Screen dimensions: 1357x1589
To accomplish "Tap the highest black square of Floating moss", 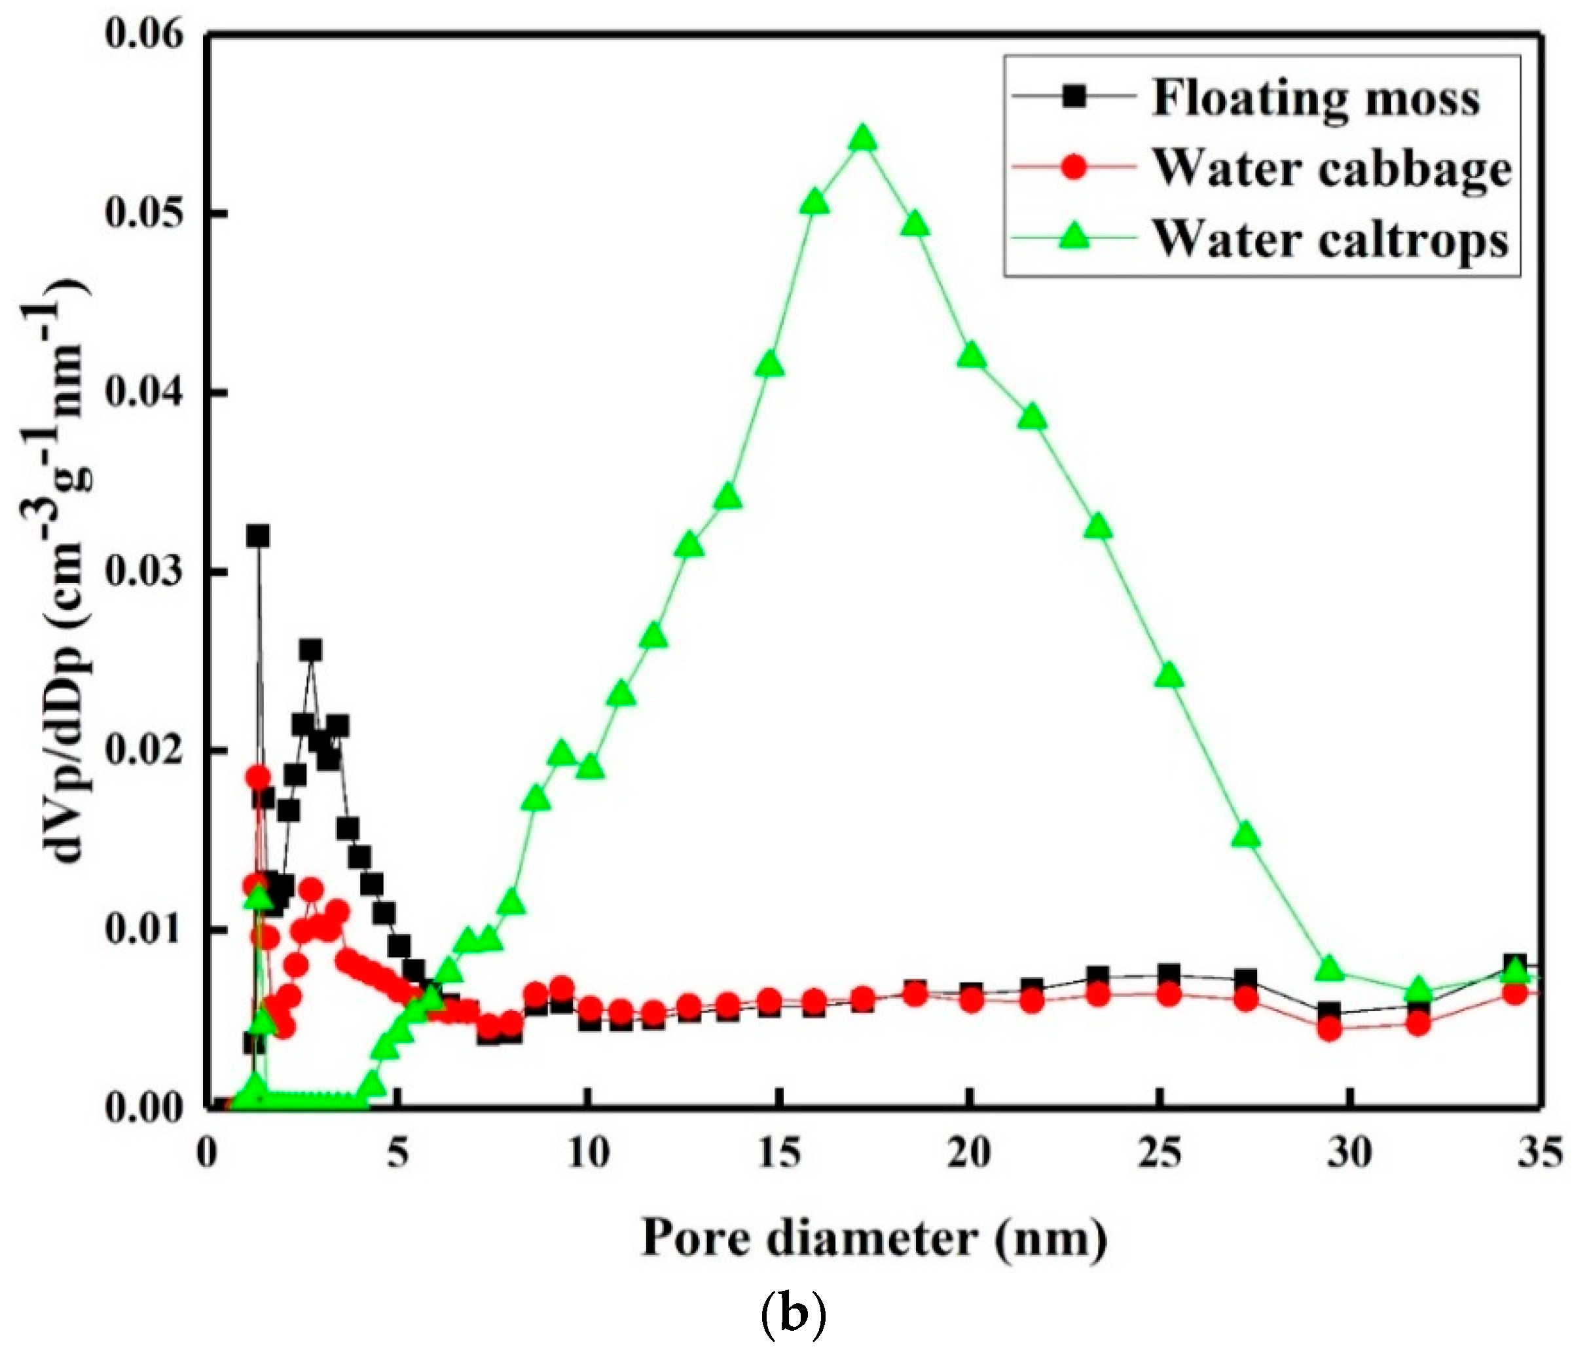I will coord(258,536).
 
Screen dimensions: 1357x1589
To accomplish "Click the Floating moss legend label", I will coord(1315,98).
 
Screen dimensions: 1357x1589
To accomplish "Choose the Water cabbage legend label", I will coord(1332,168).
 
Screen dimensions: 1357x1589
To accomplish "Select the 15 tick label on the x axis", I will coord(778,1155).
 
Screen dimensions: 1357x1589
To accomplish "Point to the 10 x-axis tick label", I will coord(587,1155).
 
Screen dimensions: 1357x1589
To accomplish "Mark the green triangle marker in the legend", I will coord(1075,238).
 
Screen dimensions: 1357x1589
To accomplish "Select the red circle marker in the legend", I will coord(1075,168).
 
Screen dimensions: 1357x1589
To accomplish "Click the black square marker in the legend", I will coord(1075,98).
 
